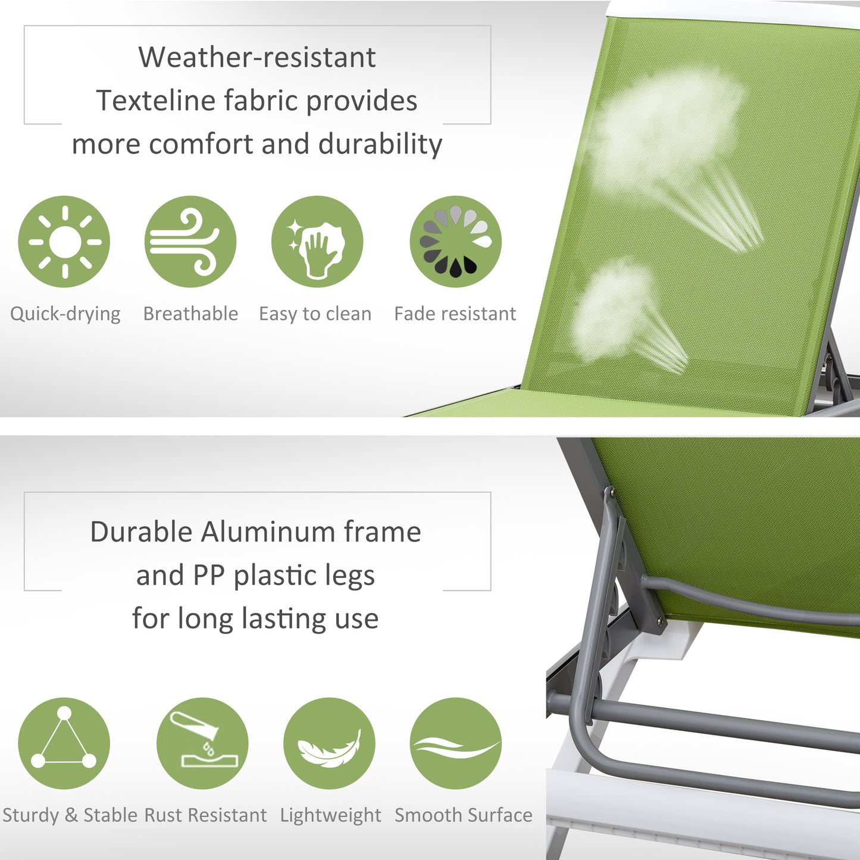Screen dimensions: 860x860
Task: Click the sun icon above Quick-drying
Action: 64,242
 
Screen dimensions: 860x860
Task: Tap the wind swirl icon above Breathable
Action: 190,242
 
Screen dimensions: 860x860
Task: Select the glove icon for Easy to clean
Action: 317,242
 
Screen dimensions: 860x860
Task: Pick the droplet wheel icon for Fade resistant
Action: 456,242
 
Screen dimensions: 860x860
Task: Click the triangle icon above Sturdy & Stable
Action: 64,743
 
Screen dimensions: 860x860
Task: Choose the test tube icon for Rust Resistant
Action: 202,743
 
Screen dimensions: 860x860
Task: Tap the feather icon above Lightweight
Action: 329,743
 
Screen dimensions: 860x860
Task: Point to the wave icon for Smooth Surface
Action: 456,743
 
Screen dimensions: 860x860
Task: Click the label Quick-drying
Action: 65,314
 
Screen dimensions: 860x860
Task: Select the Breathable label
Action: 190,314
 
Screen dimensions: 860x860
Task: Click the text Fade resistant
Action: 455,314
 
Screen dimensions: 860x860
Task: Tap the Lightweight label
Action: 330,815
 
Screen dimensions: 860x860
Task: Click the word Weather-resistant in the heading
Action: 257,58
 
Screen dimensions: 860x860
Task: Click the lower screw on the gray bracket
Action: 659,621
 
